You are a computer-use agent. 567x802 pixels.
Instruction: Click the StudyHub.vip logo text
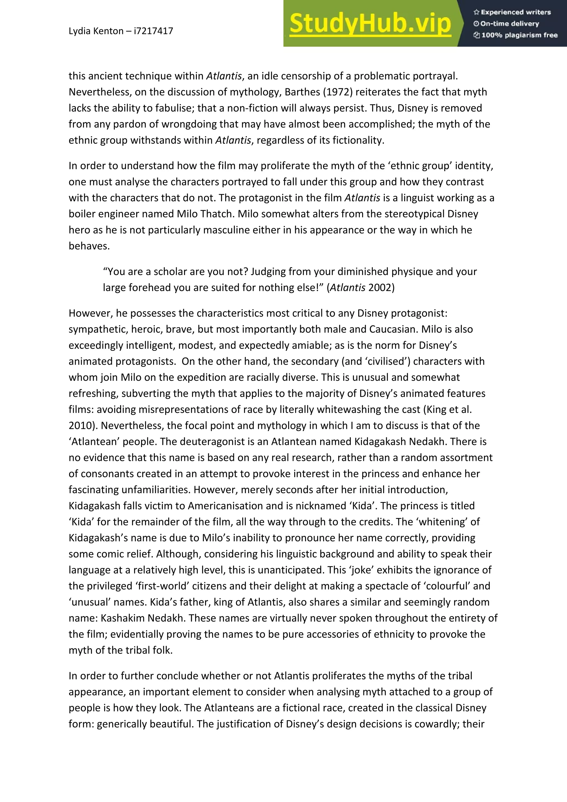pos(370,24)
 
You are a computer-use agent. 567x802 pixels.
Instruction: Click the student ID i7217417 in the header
pos(153,31)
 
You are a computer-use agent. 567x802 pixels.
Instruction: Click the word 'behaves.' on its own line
pos(89,246)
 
